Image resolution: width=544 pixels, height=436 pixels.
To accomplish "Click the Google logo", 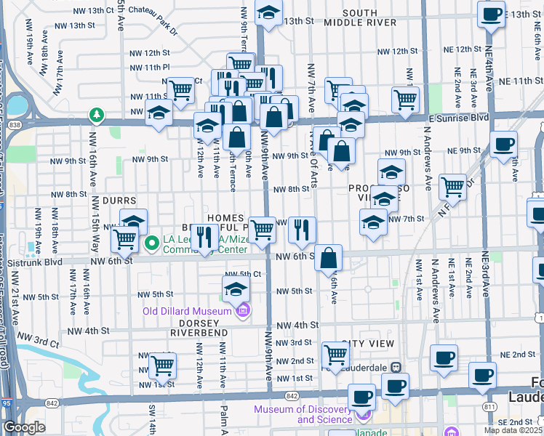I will pos(24,427).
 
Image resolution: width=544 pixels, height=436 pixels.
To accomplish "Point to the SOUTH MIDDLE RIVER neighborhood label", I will pos(360,17).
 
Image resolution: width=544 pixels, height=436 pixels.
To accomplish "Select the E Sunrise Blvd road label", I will pos(457,116).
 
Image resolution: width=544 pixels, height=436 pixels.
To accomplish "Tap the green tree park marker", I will pos(95,114).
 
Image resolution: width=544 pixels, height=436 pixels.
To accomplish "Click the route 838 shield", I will pos(16,124).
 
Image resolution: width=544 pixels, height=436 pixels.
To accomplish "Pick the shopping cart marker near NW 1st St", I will pos(162,365).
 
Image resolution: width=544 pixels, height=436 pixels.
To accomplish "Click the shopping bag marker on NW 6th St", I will pos(329,257).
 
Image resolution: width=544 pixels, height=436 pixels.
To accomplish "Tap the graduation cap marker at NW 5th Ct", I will pos(236,289).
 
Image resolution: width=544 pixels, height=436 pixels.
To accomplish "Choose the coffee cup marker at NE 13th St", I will pos(492,14).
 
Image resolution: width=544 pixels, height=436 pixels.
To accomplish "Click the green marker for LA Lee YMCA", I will pos(153,242).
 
